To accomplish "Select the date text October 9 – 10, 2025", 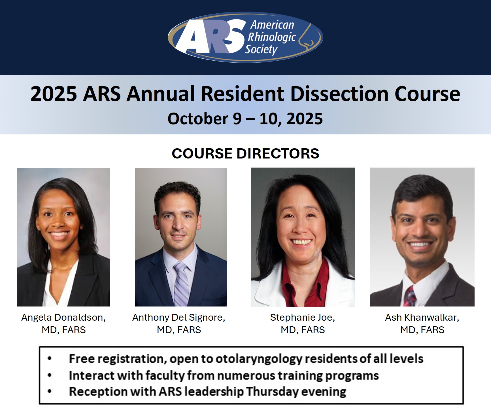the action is click(x=245, y=119).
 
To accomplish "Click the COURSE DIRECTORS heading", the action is click(x=245, y=153).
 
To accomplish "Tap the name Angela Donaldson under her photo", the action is click(x=63, y=318).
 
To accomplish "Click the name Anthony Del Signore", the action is click(x=179, y=318).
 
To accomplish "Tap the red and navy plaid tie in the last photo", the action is click(x=410, y=296).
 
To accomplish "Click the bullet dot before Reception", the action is click(x=50, y=392).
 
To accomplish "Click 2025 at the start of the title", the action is click(x=54, y=94).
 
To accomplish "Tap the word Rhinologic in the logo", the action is click(x=272, y=37).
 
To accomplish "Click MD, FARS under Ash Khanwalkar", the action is click(x=422, y=330).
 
